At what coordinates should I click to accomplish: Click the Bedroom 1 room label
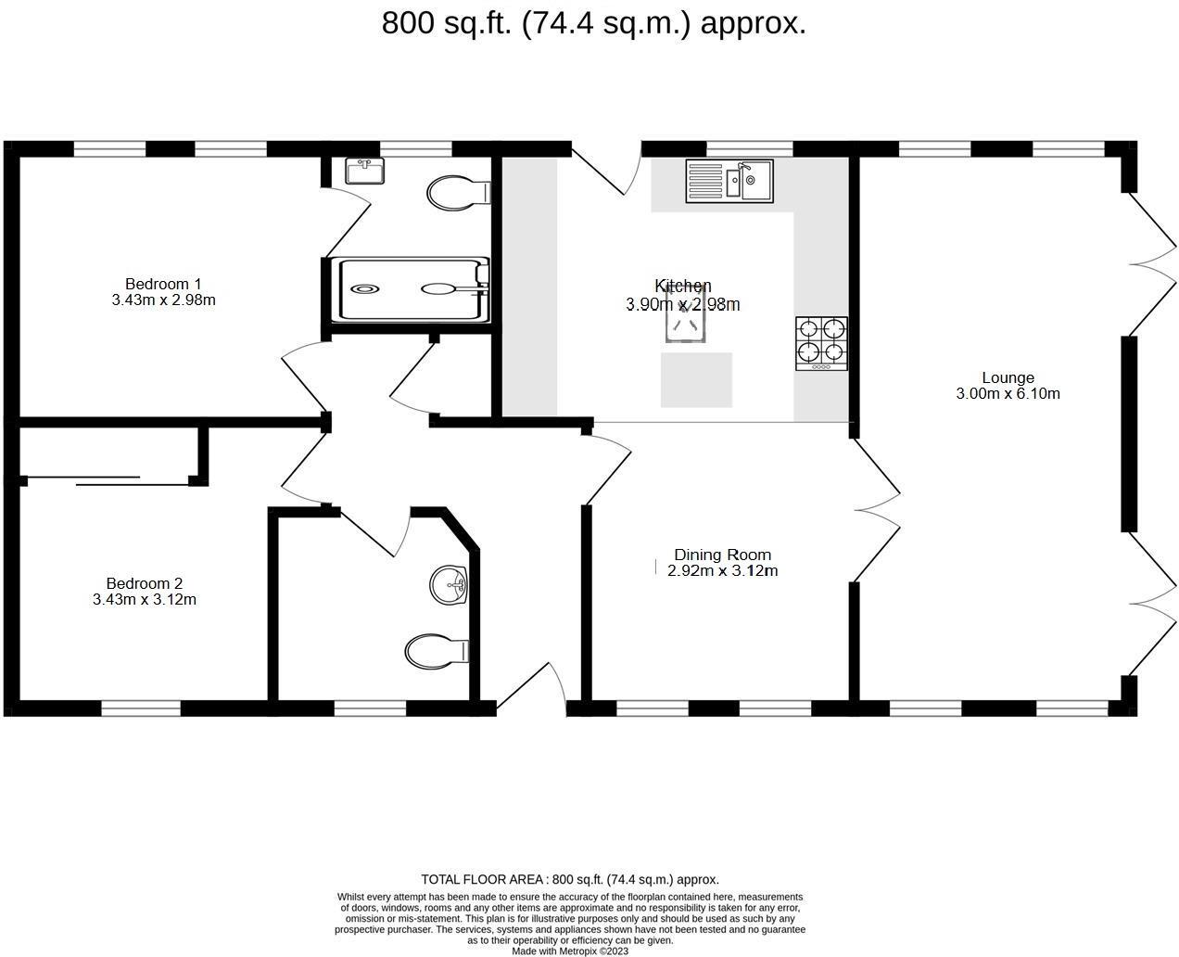click(163, 284)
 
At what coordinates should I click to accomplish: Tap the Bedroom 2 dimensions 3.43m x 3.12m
click(145, 600)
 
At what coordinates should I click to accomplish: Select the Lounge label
click(1008, 377)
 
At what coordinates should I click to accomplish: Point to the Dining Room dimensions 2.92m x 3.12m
click(722, 571)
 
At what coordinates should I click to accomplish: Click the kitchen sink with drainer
click(729, 181)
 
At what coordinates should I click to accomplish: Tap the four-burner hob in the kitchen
click(821, 343)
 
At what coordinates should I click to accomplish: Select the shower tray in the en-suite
click(412, 289)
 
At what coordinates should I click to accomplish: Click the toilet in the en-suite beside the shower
click(458, 193)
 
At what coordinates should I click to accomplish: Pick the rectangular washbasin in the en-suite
click(364, 171)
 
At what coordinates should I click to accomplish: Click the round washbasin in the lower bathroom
click(450, 584)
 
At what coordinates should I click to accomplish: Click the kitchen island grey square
click(696, 379)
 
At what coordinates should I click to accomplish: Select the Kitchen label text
click(683, 286)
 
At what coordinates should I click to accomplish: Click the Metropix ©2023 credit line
click(570, 951)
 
